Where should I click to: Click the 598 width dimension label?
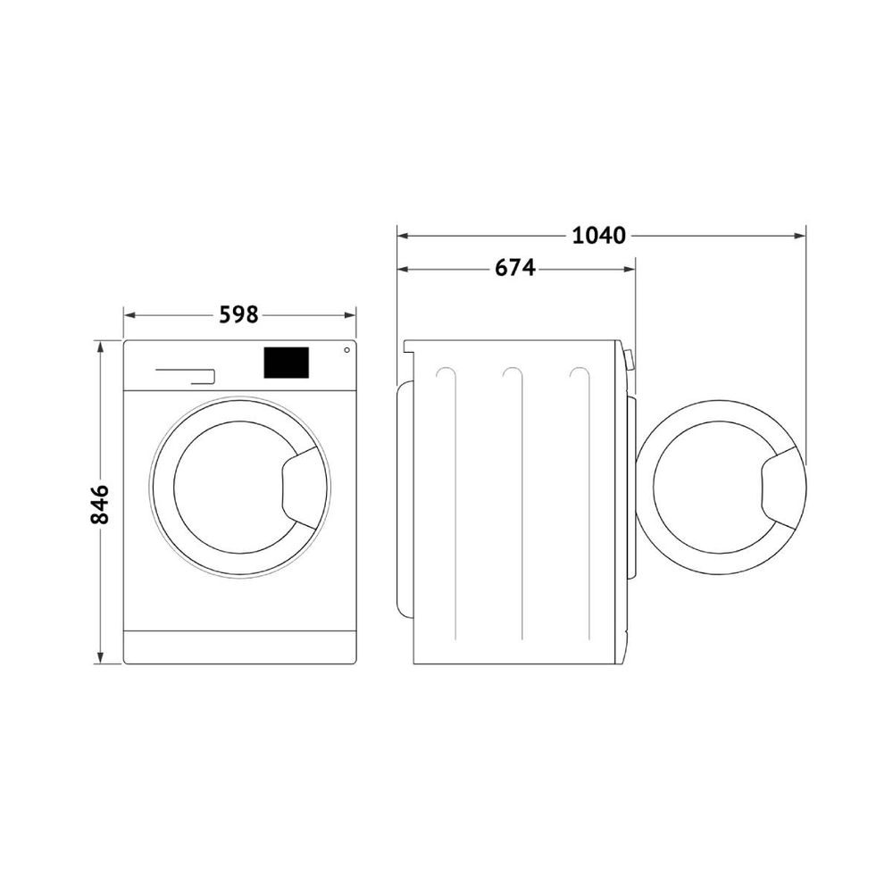pyautogui.click(x=239, y=314)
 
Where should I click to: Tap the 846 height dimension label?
pyautogui.click(x=100, y=504)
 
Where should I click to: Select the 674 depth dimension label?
pyautogui.click(x=515, y=268)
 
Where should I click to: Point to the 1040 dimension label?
pyautogui.click(x=598, y=235)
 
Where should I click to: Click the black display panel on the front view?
pyautogui.click(x=286, y=363)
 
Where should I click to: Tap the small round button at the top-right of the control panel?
pyautogui.click(x=346, y=350)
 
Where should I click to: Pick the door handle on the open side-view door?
pyautogui.click(x=779, y=488)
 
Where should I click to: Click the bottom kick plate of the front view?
pyautogui.click(x=239, y=647)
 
